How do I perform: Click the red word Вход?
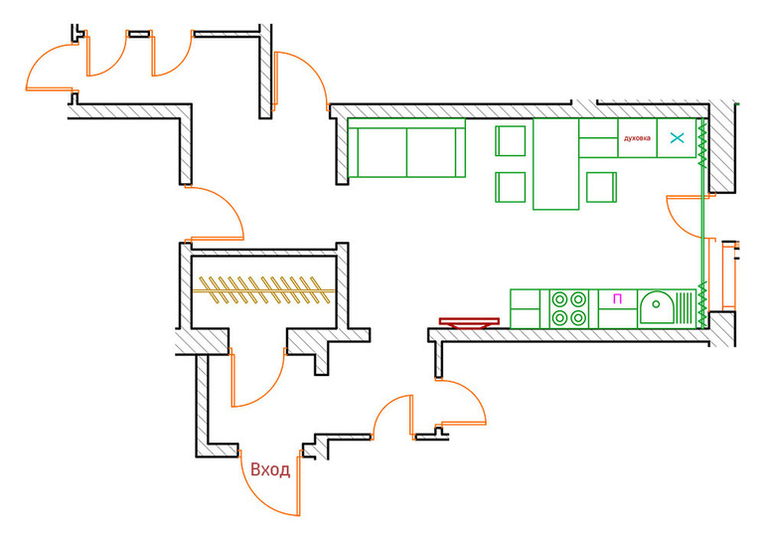click(x=270, y=469)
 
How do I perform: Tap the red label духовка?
click(x=637, y=138)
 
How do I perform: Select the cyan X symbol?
click(x=679, y=138)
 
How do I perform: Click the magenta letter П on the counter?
click(x=617, y=297)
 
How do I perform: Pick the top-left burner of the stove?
click(x=559, y=297)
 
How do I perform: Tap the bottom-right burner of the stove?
click(x=577, y=317)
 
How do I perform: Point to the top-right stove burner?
click(x=577, y=297)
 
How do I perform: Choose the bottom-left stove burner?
click(x=559, y=317)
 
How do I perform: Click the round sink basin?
click(x=656, y=308)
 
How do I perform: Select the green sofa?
click(x=406, y=149)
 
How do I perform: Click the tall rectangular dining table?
click(x=555, y=164)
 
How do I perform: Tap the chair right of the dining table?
click(x=602, y=188)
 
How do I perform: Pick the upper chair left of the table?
click(x=511, y=140)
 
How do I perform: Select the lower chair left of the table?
click(x=511, y=187)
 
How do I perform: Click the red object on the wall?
click(x=469, y=322)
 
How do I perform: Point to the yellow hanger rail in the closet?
click(x=260, y=289)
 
